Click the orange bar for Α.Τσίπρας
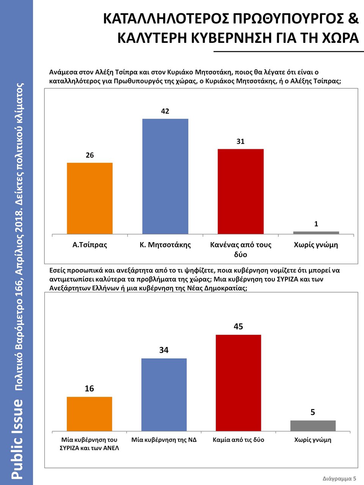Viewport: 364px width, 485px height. [89, 198]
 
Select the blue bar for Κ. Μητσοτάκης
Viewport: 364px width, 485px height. [165, 176]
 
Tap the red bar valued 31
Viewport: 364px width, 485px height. [240, 191]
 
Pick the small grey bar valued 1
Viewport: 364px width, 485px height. [316, 233]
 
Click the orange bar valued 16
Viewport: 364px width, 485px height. [89, 414]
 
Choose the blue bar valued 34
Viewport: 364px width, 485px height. [164, 394]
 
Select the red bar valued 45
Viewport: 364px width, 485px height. [238, 383]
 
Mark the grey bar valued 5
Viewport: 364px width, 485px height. [313, 426]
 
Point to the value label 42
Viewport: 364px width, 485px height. [165, 111]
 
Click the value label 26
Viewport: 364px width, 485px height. [89, 155]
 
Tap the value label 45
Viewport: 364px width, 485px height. [238, 326]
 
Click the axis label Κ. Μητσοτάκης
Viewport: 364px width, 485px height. [165, 245]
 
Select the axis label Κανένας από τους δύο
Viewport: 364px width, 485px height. [241, 249]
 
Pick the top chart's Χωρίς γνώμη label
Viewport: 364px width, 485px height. [316, 245]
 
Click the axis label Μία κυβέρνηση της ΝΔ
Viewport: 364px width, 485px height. [164, 440]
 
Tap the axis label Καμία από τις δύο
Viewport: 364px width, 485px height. [238, 440]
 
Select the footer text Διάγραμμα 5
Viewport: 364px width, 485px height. [339, 478]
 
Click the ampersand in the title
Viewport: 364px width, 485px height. [353, 19]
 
